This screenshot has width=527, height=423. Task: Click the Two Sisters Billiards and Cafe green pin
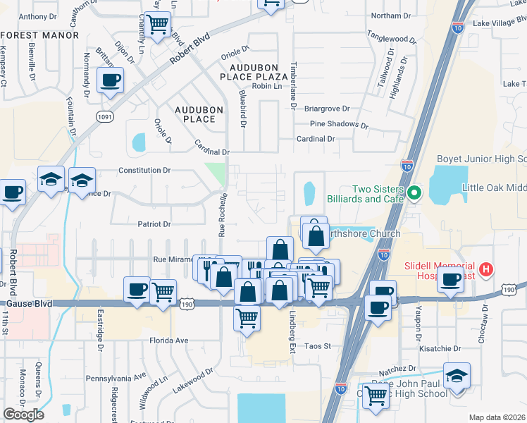415,192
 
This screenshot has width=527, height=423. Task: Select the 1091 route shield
105,116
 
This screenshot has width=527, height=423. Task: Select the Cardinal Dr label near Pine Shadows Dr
315,139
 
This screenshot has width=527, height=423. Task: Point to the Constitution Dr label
144,171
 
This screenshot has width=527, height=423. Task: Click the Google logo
23,415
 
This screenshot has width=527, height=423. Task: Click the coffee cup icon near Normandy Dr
110,81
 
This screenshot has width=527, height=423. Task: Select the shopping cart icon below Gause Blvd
247,318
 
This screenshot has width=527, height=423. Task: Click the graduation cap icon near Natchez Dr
457,376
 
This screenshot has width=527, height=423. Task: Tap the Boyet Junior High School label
482,159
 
